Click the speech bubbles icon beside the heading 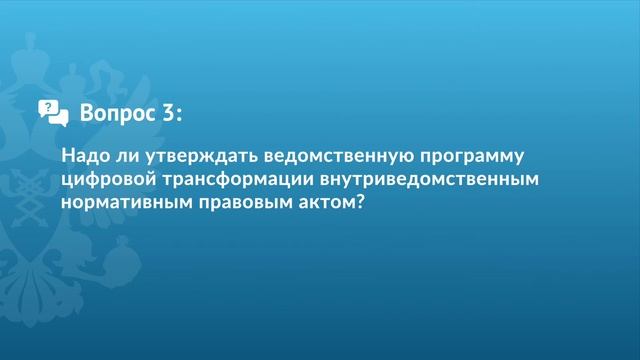click(53, 113)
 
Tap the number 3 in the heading click(165, 113)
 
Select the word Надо click(83, 157)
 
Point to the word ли click(124, 157)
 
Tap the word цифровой click(106, 180)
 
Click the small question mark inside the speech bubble click(46, 106)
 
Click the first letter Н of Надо click(67, 157)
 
